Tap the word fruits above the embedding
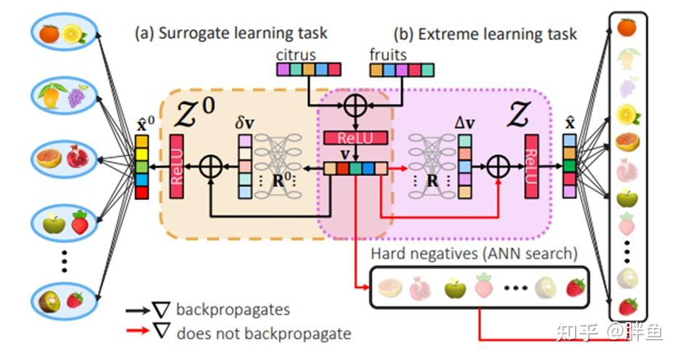(x=388, y=55)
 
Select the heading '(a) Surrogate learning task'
(x=230, y=33)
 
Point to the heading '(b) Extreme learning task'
(x=485, y=33)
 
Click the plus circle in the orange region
(x=211, y=167)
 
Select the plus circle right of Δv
(x=497, y=167)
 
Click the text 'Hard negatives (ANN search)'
(x=474, y=254)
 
